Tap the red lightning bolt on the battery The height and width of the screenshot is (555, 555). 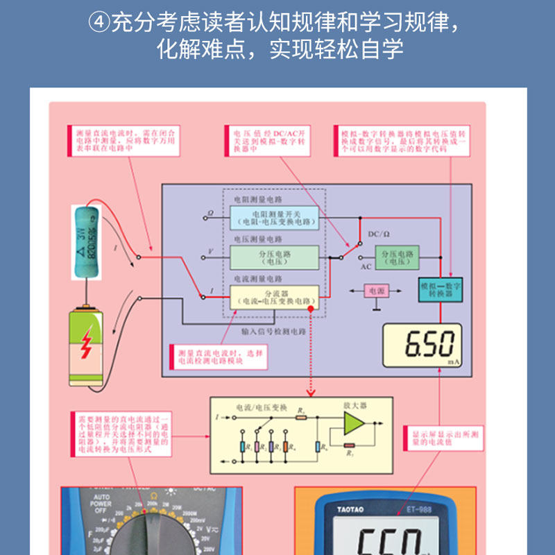(86, 345)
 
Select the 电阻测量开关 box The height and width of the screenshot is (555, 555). (274, 217)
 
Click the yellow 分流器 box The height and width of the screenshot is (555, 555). (274, 297)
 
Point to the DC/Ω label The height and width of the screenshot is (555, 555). (379, 234)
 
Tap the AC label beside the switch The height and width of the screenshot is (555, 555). (366, 265)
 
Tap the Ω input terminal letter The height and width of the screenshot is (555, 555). (211, 213)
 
